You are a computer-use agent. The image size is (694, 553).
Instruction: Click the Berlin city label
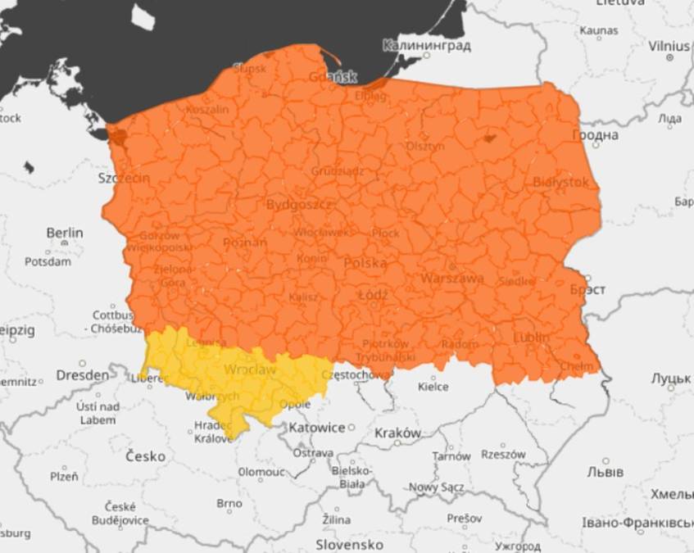tap(65, 233)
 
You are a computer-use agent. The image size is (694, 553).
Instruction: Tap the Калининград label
tap(426, 45)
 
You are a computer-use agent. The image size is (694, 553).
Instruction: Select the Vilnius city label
tap(669, 46)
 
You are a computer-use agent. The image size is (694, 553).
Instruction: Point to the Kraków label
tap(397, 433)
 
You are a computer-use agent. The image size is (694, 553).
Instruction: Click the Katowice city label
tap(316, 428)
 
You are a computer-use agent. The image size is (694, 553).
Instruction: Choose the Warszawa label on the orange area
tap(452, 279)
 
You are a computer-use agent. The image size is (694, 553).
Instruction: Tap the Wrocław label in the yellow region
tap(250, 370)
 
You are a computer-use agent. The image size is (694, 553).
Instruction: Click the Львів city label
tap(606, 472)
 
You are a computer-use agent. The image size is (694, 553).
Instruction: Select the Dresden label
tap(82, 375)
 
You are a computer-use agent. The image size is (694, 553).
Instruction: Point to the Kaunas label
tap(599, 30)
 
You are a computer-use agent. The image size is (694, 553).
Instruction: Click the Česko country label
tap(145, 456)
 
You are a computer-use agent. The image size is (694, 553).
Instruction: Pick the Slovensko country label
tap(350, 544)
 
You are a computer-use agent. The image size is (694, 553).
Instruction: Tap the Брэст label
tap(587, 290)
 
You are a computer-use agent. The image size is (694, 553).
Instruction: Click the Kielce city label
tap(433, 386)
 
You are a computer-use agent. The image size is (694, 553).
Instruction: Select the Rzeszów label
tap(502, 453)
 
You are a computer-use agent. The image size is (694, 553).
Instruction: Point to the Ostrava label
tap(313, 452)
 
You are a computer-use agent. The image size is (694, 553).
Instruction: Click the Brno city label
tap(229, 503)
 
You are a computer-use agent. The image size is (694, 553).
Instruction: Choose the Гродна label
tap(595, 135)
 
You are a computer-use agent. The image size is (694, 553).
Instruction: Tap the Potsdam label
tap(48, 262)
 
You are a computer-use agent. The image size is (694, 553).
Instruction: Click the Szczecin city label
tap(124, 178)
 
